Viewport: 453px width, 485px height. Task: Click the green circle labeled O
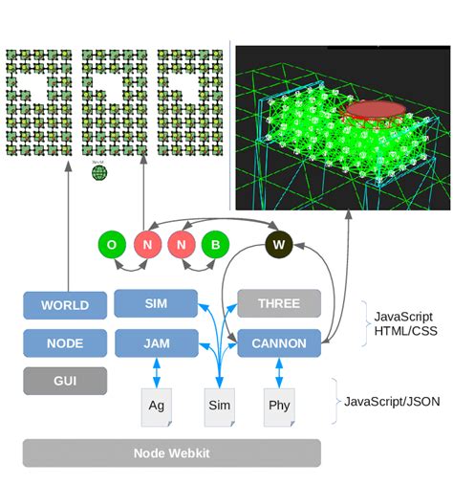112,245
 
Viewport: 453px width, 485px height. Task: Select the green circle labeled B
215,245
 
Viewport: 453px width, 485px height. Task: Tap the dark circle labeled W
279,244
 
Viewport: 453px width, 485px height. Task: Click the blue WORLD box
64,306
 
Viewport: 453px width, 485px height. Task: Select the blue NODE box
64,342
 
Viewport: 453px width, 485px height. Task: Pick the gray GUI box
64,380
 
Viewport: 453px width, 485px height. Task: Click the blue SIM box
156,303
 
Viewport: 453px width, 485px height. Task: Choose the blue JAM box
156,342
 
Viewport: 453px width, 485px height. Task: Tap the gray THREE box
278,303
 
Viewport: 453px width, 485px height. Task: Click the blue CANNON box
278,342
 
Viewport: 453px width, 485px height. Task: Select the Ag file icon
157,405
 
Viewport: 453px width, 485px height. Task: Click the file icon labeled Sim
220,405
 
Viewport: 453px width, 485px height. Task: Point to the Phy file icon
279,405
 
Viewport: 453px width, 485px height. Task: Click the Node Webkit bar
171,452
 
